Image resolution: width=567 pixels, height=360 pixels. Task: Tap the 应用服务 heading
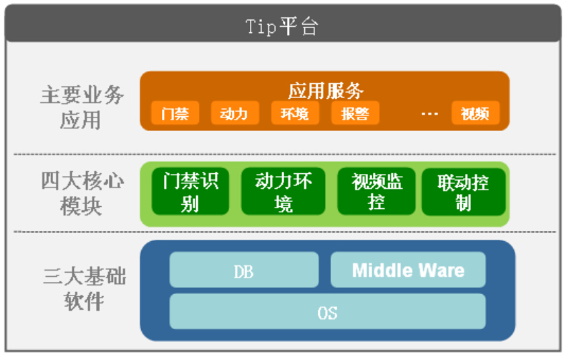(326, 90)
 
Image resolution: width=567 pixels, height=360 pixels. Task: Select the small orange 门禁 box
(175, 114)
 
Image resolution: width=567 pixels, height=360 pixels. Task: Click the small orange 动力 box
(234, 114)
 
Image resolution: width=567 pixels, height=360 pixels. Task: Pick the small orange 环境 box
(294, 114)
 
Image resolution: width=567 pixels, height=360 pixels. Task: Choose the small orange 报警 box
(355, 114)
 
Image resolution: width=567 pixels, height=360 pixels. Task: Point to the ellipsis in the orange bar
(429, 114)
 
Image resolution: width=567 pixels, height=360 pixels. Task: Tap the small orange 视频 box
(475, 114)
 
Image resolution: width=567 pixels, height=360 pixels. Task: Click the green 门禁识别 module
(189, 191)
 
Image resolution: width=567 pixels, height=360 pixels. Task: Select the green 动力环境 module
(283, 191)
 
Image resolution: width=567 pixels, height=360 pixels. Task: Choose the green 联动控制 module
(464, 191)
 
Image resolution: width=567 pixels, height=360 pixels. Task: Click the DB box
(244, 271)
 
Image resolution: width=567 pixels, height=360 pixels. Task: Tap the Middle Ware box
(408, 270)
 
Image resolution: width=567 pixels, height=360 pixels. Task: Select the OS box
(327, 312)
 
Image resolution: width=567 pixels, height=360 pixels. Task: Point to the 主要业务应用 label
(82, 107)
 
